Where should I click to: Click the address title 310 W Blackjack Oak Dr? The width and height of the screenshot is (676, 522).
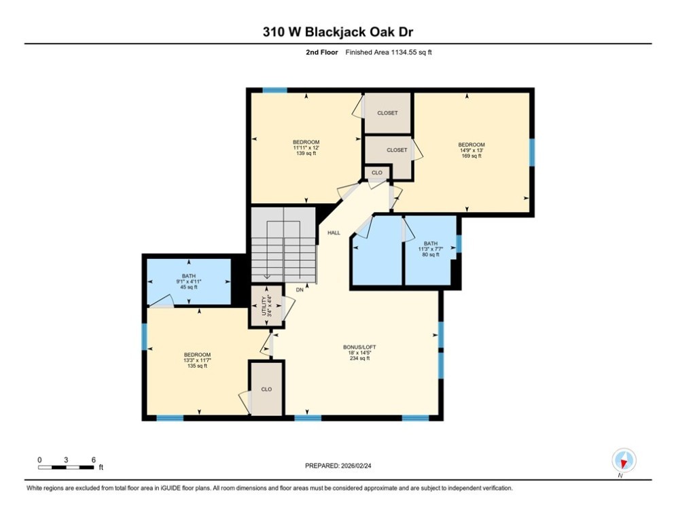pos(338,32)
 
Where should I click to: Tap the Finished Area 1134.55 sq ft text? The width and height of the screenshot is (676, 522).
pos(389,52)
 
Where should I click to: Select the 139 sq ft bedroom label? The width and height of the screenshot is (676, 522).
pos(306,147)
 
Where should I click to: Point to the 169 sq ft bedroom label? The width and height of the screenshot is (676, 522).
pos(472,150)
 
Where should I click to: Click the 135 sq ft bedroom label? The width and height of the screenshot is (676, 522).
pos(197,360)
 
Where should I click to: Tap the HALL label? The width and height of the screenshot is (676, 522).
pos(334,233)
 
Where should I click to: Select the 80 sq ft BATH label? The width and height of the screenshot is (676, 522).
pos(430,249)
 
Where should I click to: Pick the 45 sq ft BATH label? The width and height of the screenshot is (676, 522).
pos(188,281)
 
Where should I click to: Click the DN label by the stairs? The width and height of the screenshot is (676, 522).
pos(300,290)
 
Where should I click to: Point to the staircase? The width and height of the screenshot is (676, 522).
pos(284,245)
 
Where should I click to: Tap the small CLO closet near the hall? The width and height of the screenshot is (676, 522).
pos(377,173)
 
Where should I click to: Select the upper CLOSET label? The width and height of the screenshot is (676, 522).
pos(387,113)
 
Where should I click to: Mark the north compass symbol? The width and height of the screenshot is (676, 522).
pos(624,460)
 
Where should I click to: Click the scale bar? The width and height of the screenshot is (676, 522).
pos(65,467)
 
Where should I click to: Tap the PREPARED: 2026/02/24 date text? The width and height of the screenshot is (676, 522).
pos(338,466)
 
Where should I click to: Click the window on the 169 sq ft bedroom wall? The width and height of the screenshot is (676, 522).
pos(532,152)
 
